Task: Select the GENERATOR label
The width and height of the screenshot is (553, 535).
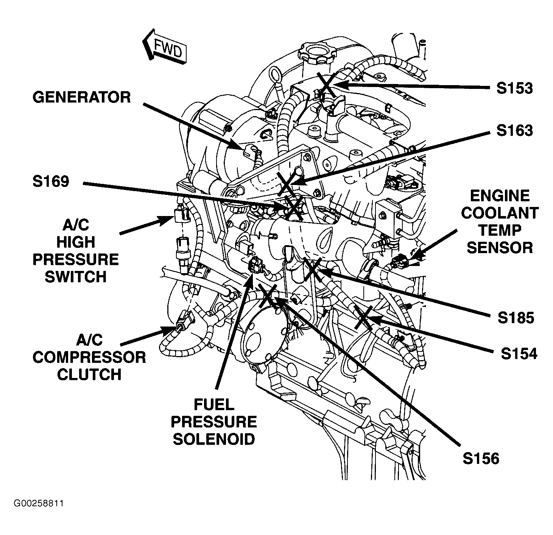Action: point(81,97)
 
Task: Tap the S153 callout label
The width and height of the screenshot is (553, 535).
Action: point(514,88)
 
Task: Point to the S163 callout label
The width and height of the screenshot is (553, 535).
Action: point(514,131)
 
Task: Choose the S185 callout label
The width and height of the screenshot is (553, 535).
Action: point(516,318)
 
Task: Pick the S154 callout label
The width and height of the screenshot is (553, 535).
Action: point(519,354)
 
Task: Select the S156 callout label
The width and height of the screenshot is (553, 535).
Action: point(481,459)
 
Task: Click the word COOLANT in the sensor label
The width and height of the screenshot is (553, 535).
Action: point(500,213)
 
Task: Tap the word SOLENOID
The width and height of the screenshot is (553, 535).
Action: point(214,439)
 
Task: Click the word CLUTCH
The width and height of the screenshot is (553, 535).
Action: point(89,375)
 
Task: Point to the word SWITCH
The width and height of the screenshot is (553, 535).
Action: point(75,277)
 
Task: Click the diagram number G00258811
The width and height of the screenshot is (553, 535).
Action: point(39,504)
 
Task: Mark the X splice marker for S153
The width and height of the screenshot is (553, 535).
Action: point(326,84)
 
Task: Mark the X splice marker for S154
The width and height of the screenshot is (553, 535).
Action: point(363,317)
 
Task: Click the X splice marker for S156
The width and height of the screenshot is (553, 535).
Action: point(267,296)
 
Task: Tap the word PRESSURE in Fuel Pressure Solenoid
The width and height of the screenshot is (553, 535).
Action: point(215,422)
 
